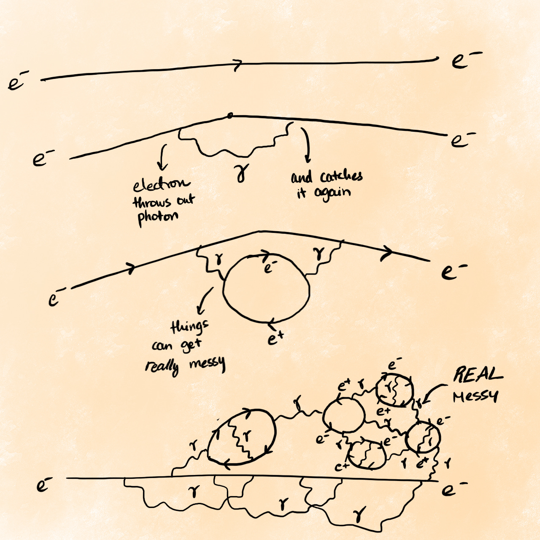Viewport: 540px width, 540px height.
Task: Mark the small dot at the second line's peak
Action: [x=229, y=115]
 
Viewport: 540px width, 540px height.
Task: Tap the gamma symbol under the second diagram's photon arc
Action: [x=241, y=173]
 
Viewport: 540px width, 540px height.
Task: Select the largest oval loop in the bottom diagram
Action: [x=241, y=437]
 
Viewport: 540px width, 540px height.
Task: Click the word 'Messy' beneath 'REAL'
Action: [x=475, y=397]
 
